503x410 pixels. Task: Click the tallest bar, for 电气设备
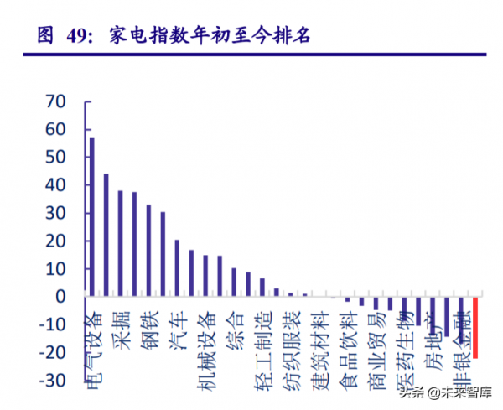[91, 216]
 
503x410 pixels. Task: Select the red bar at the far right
[475, 328]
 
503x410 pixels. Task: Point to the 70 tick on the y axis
[55, 101]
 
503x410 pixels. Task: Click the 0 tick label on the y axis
[60, 297]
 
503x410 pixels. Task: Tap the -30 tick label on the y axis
[52, 381]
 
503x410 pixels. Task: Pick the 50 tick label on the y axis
[55, 158]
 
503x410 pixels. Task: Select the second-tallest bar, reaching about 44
[106, 235]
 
